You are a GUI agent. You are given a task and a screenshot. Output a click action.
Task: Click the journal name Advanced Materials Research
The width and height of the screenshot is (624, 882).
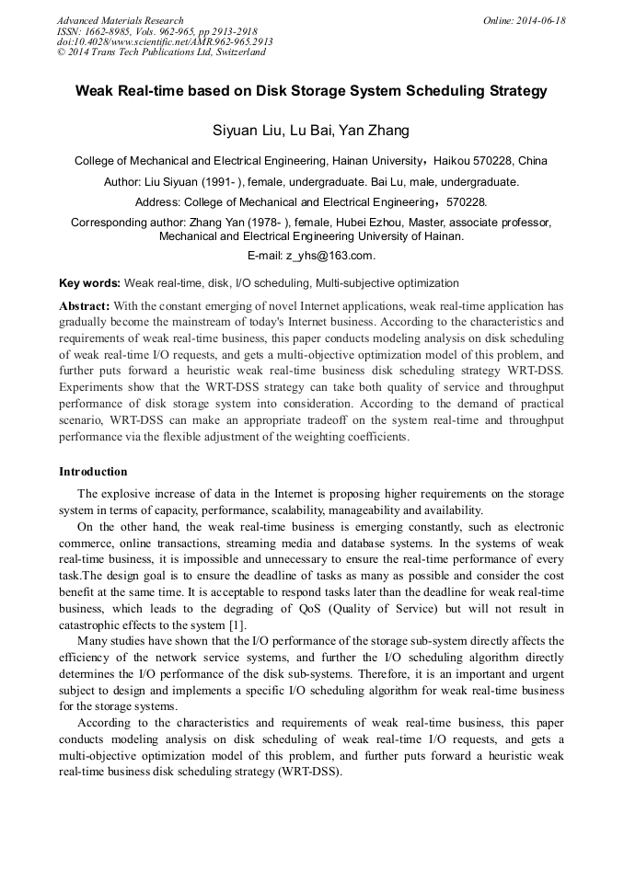(120, 20)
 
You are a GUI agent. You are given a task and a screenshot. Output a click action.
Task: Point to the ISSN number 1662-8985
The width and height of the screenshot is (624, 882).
(114, 31)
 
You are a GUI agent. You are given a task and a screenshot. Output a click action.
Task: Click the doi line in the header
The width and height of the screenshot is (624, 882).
(165, 41)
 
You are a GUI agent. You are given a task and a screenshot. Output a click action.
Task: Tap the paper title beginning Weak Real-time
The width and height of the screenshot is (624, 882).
(311, 91)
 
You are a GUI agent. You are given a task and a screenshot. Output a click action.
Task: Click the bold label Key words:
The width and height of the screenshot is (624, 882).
(89, 283)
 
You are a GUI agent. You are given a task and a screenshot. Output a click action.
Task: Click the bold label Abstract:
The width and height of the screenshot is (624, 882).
(85, 304)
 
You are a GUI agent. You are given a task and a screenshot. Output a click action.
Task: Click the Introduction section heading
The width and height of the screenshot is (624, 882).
(93, 472)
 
